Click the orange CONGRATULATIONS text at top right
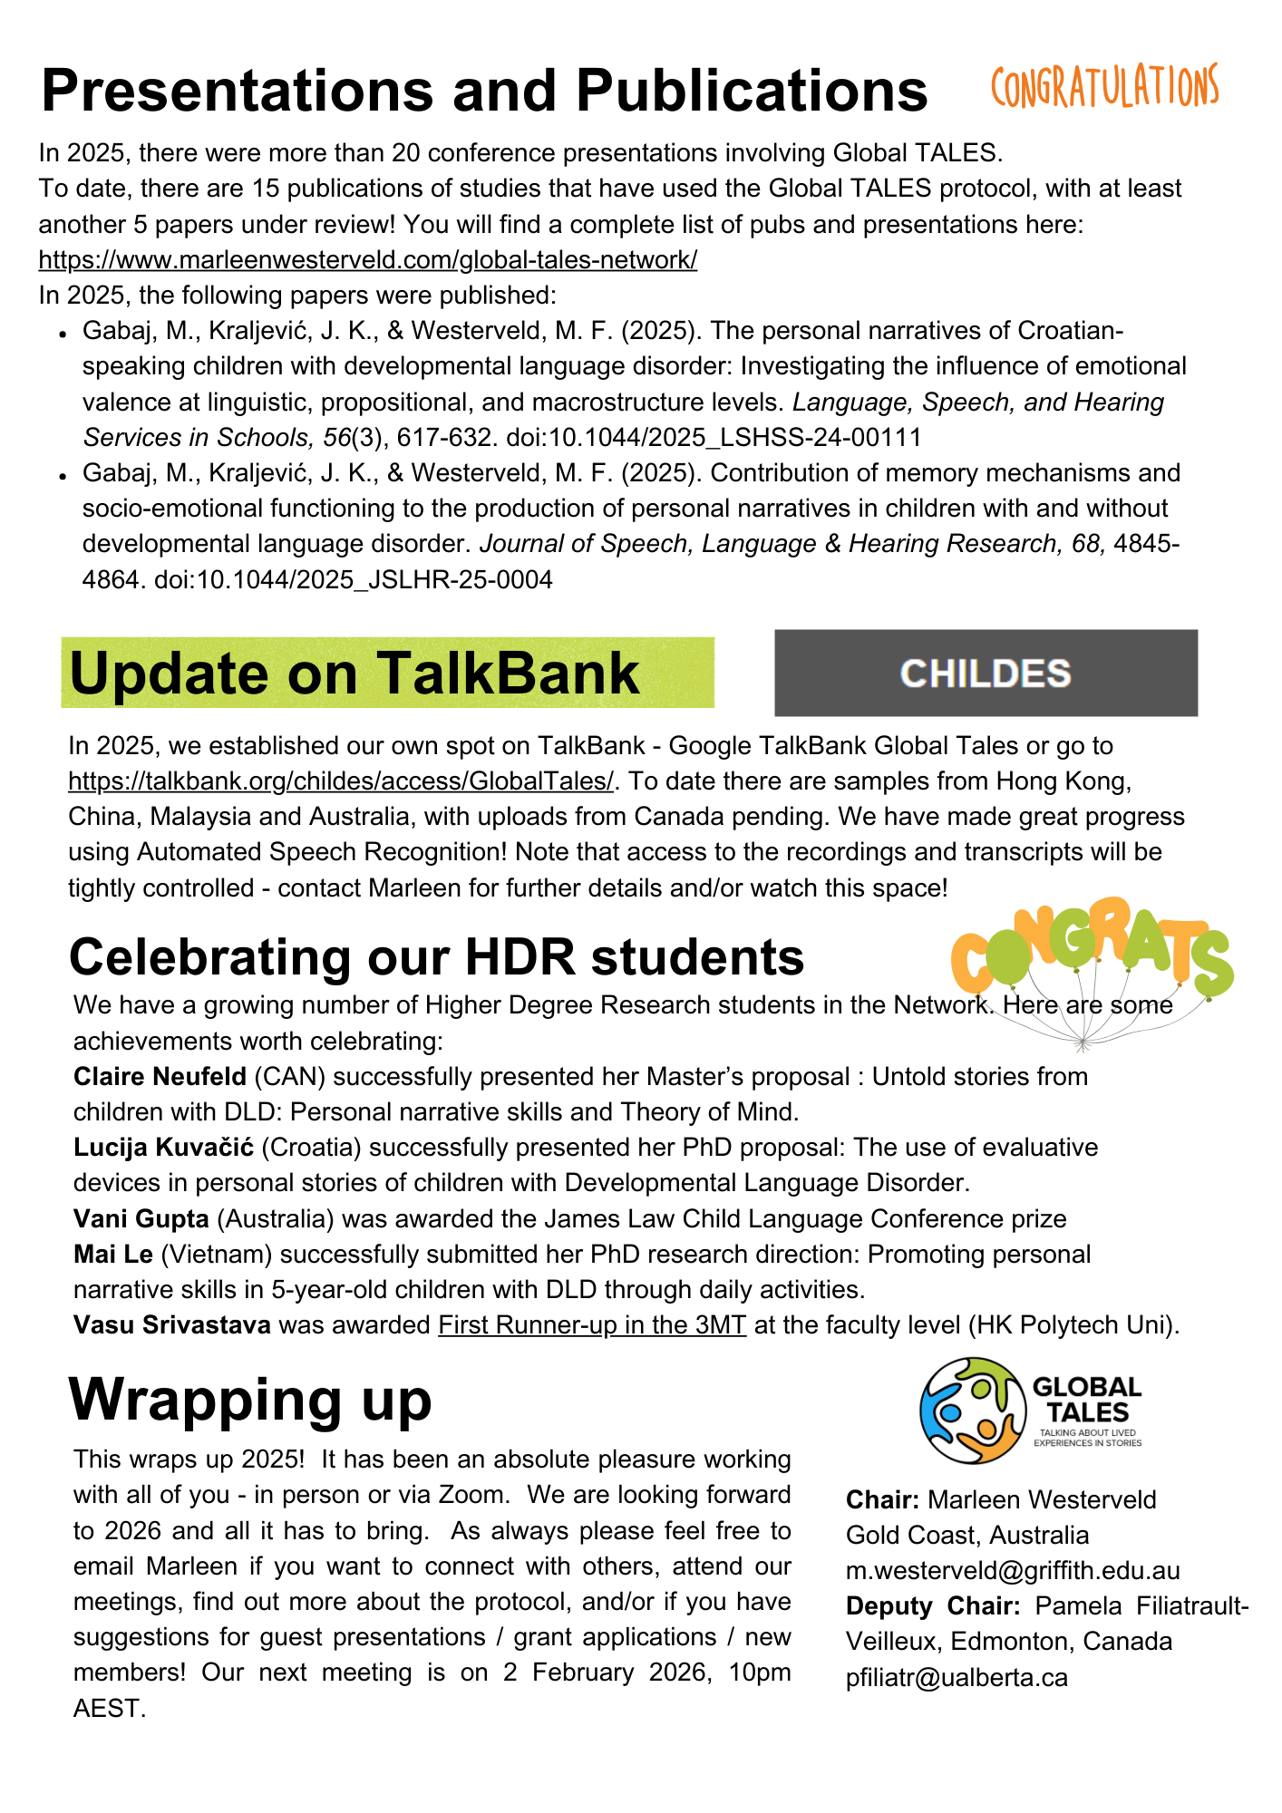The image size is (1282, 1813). (x=1103, y=88)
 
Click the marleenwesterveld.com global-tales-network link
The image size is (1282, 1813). (x=367, y=260)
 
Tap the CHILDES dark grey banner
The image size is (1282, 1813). (x=986, y=673)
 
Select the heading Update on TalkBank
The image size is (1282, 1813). (x=354, y=674)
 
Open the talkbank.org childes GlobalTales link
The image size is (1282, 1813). (x=341, y=780)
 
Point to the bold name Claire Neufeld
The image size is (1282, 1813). (x=160, y=1076)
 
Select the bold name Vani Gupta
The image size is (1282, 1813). (x=141, y=1218)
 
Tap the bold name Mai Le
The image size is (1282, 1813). (x=113, y=1254)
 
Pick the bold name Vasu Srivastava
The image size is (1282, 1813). (x=172, y=1325)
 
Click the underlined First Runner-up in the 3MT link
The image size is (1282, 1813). (x=591, y=1325)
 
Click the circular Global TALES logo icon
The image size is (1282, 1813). (x=973, y=1411)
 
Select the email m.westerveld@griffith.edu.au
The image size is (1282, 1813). (x=1013, y=1571)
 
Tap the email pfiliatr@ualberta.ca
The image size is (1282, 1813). (x=957, y=1678)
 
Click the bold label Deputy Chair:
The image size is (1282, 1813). (x=933, y=1606)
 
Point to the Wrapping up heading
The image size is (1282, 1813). (x=250, y=1401)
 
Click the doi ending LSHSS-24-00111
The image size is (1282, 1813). (x=714, y=438)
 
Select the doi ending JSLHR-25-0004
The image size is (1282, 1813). (x=354, y=579)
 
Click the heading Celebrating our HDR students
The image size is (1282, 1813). (x=436, y=957)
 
